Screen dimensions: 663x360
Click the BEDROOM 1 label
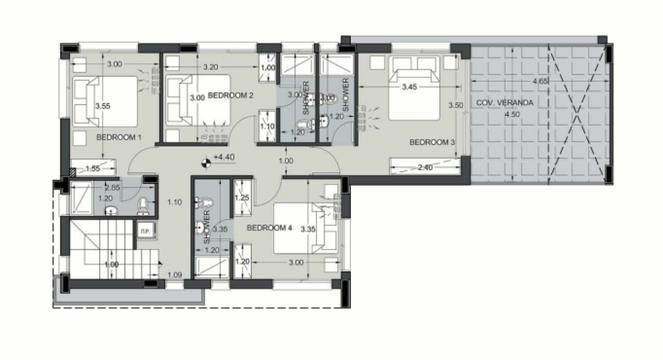coord(119,137)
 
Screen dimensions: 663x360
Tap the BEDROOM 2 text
coord(230,96)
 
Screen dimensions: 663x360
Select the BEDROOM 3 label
coord(432,142)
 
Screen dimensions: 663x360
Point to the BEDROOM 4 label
coord(269,228)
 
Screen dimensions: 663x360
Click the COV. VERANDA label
coord(505,102)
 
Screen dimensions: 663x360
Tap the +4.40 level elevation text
coord(224,157)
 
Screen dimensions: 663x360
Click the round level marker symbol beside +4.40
coord(207,163)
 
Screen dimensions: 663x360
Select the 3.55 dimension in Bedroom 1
coord(103,106)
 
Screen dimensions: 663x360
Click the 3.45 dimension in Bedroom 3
coord(409,87)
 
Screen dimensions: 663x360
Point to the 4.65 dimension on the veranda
coord(541,81)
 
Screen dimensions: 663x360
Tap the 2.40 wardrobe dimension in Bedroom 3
coord(425,168)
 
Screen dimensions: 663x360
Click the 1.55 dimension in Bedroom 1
coord(93,169)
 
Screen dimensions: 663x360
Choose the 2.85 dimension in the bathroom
coord(113,188)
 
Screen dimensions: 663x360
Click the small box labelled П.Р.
coord(145,231)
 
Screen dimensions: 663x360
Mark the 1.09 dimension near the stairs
coord(175,275)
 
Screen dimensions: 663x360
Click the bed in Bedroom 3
coord(414,89)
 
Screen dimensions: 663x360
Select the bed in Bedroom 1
coord(105,102)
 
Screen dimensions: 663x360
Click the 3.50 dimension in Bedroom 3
coord(456,106)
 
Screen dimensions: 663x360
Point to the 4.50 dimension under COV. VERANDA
coord(512,114)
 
